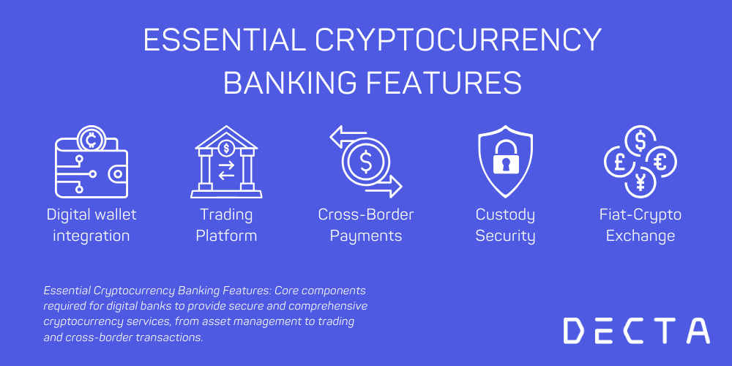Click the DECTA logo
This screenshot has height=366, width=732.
[636, 331]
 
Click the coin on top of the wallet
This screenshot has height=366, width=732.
[93, 138]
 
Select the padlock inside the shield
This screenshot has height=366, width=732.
[505, 162]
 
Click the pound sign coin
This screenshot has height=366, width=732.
[619, 161]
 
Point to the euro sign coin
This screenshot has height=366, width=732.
[660, 161]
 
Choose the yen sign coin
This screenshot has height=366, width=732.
[640, 182]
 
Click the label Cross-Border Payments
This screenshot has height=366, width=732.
[366, 225]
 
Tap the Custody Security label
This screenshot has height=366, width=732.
[505, 225]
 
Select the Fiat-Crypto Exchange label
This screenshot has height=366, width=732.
[640, 225]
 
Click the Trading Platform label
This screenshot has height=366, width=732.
[226, 225]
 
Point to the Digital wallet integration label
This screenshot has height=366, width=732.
[91, 225]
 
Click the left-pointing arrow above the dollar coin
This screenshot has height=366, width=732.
[348, 135]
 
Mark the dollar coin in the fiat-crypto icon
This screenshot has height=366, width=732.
[640, 140]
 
